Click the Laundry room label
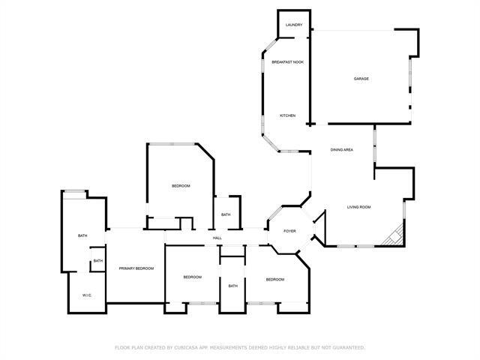pyautogui.click(x=294, y=25)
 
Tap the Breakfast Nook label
pyautogui.click(x=287, y=61)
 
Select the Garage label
pyautogui.click(x=361, y=79)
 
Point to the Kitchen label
pyautogui.click(x=288, y=115)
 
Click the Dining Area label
pyautogui.click(x=342, y=150)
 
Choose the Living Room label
pyautogui.click(x=358, y=207)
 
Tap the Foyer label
pyautogui.click(x=289, y=230)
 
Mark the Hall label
pyautogui.click(x=217, y=238)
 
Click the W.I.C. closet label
pyautogui.click(x=87, y=295)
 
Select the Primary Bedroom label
pyautogui.click(x=136, y=268)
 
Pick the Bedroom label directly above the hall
pyautogui.click(x=181, y=186)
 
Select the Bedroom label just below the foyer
pyautogui.click(x=274, y=279)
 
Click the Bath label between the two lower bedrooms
pyautogui.click(x=233, y=286)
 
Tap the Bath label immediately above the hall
pyautogui.click(x=226, y=215)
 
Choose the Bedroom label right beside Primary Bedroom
pyautogui.click(x=193, y=277)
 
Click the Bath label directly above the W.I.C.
pyautogui.click(x=97, y=261)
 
